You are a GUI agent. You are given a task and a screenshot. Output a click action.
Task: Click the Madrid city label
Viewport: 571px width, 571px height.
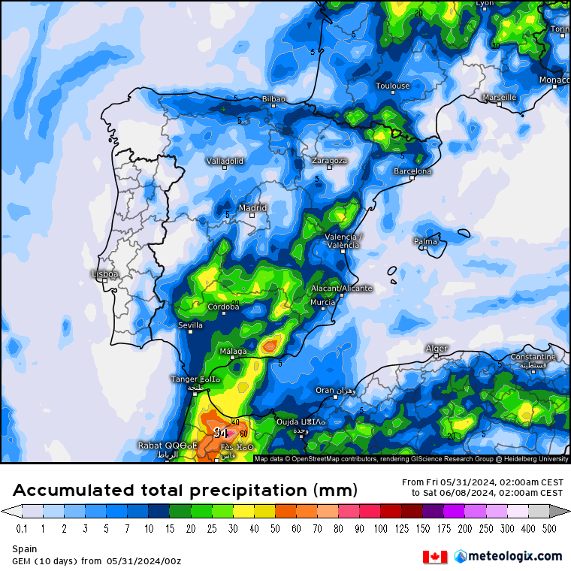252,208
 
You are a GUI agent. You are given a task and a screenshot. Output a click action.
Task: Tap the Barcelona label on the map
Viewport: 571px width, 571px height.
412,171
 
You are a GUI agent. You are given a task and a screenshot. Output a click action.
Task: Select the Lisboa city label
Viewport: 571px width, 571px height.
104,274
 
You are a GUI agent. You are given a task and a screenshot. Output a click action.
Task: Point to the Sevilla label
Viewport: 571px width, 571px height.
190,325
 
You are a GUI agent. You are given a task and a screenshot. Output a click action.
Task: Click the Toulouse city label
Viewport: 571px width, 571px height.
392,86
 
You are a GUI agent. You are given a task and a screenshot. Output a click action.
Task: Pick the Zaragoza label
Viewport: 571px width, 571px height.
329,161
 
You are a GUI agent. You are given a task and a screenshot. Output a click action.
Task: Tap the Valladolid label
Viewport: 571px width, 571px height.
225,161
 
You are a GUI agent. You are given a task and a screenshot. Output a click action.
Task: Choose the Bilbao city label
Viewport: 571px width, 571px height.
273,99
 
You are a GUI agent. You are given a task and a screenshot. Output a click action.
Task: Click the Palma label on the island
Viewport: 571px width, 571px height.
425,241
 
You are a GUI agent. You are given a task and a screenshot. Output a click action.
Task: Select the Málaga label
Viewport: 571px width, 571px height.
232,351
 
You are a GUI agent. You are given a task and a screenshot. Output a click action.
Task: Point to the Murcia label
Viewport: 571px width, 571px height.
322,302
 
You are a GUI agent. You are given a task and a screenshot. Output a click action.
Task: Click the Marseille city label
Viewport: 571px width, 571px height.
499,97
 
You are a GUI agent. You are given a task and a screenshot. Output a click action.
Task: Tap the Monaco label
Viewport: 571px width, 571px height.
554,80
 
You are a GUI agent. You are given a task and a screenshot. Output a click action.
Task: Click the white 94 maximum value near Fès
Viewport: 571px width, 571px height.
220,433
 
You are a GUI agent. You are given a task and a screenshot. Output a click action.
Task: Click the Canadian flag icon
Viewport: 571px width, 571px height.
435,556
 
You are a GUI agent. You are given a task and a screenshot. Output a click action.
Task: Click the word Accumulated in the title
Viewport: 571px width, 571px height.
71,491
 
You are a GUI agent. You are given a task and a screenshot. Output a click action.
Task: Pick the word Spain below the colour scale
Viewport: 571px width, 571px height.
24,549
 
